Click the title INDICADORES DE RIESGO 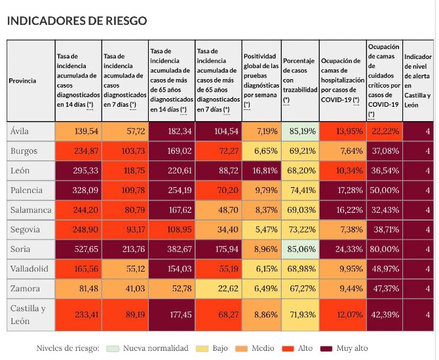tap(77, 21)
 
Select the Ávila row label tap(20, 131)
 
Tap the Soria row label tap(20, 249)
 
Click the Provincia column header tap(22, 81)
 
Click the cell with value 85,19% tap(301, 131)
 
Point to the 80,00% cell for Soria tap(383, 249)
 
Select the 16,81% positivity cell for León tap(261, 170)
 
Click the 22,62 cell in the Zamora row tap(218, 289)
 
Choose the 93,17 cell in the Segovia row tap(124, 230)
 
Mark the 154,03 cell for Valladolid tap(172, 269)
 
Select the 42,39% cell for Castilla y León tap(383, 314)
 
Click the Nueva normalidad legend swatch tap(115, 348)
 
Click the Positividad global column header tap(261, 81)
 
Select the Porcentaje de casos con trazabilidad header tap(301, 81)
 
